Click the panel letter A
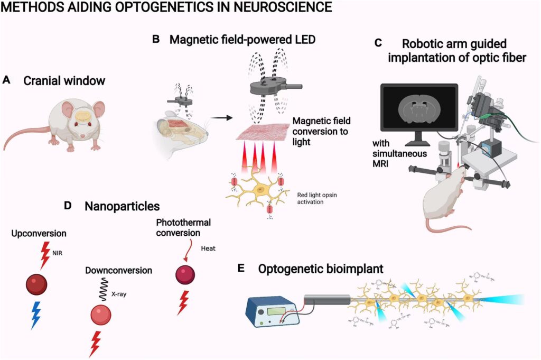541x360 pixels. click(6, 80)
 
